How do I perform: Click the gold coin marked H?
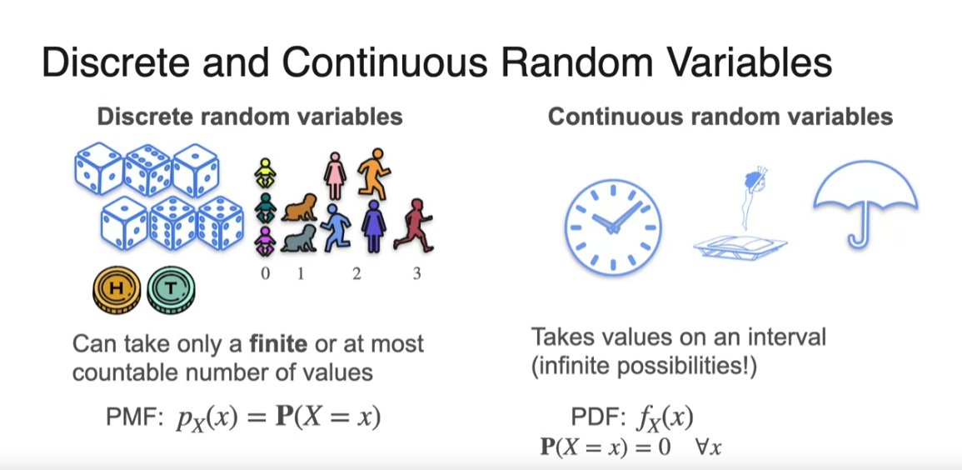[x=117, y=290]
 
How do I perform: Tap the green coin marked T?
[x=172, y=290]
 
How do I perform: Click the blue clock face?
[x=612, y=227]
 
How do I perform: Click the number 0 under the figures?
[x=265, y=273]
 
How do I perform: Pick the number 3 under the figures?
[x=416, y=273]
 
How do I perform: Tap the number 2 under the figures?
[x=356, y=273]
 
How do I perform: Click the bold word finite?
[x=277, y=343]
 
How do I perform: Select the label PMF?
[x=134, y=418]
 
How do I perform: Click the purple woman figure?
[x=374, y=227]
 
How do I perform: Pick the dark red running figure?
[x=413, y=224]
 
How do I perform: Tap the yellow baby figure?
[x=264, y=173]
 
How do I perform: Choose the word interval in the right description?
[x=789, y=338]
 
